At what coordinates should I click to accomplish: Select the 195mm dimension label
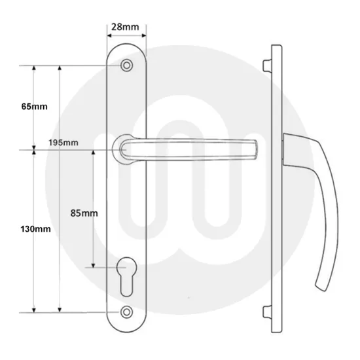tap(63, 142)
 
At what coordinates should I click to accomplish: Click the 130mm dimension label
tap(35, 229)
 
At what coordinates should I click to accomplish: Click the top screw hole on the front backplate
tap(126, 66)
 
